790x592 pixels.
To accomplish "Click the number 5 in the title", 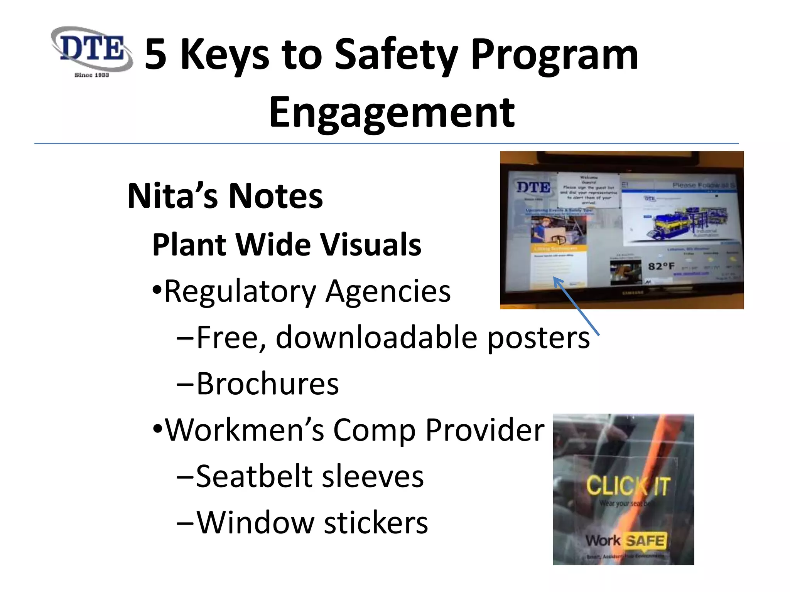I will [x=155, y=55].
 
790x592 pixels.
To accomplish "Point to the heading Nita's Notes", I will [x=225, y=196].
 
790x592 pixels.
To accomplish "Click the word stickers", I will [x=376, y=523].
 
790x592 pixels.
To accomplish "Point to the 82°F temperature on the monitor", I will [x=661, y=266].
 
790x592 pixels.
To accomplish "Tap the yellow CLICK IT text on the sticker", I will [x=628, y=486].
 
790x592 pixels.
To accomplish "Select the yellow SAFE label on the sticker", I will [x=645, y=541].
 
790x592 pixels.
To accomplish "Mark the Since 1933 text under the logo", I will [x=92, y=75].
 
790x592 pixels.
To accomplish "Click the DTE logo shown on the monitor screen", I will [x=533, y=188].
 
